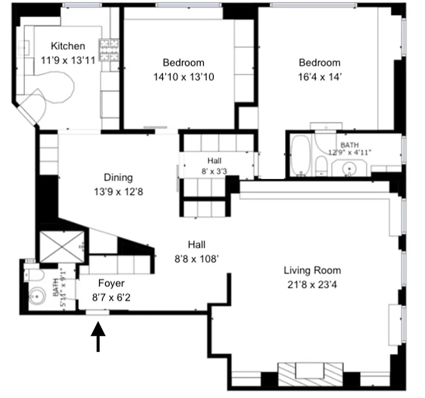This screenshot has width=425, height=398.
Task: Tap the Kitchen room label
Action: pos(68,46)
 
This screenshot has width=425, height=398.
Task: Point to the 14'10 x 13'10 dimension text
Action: pos(183,77)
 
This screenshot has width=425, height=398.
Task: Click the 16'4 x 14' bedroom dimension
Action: pos(319,77)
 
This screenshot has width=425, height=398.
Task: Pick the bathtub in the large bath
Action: pos(300,155)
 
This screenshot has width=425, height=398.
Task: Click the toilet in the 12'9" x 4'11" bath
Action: pos(322,166)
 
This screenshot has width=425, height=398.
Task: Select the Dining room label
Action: pos(118,178)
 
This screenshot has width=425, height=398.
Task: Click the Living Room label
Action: pos(312,271)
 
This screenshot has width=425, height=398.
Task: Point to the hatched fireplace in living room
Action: pos(309,372)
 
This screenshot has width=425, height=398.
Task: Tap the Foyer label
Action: pos(111,284)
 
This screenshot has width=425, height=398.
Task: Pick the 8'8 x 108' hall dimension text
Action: pos(196,259)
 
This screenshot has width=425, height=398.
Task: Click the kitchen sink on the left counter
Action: pos(22,48)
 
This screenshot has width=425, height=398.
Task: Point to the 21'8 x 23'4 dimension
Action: pos(312,285)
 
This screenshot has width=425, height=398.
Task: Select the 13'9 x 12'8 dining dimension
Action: pos(118,191)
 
